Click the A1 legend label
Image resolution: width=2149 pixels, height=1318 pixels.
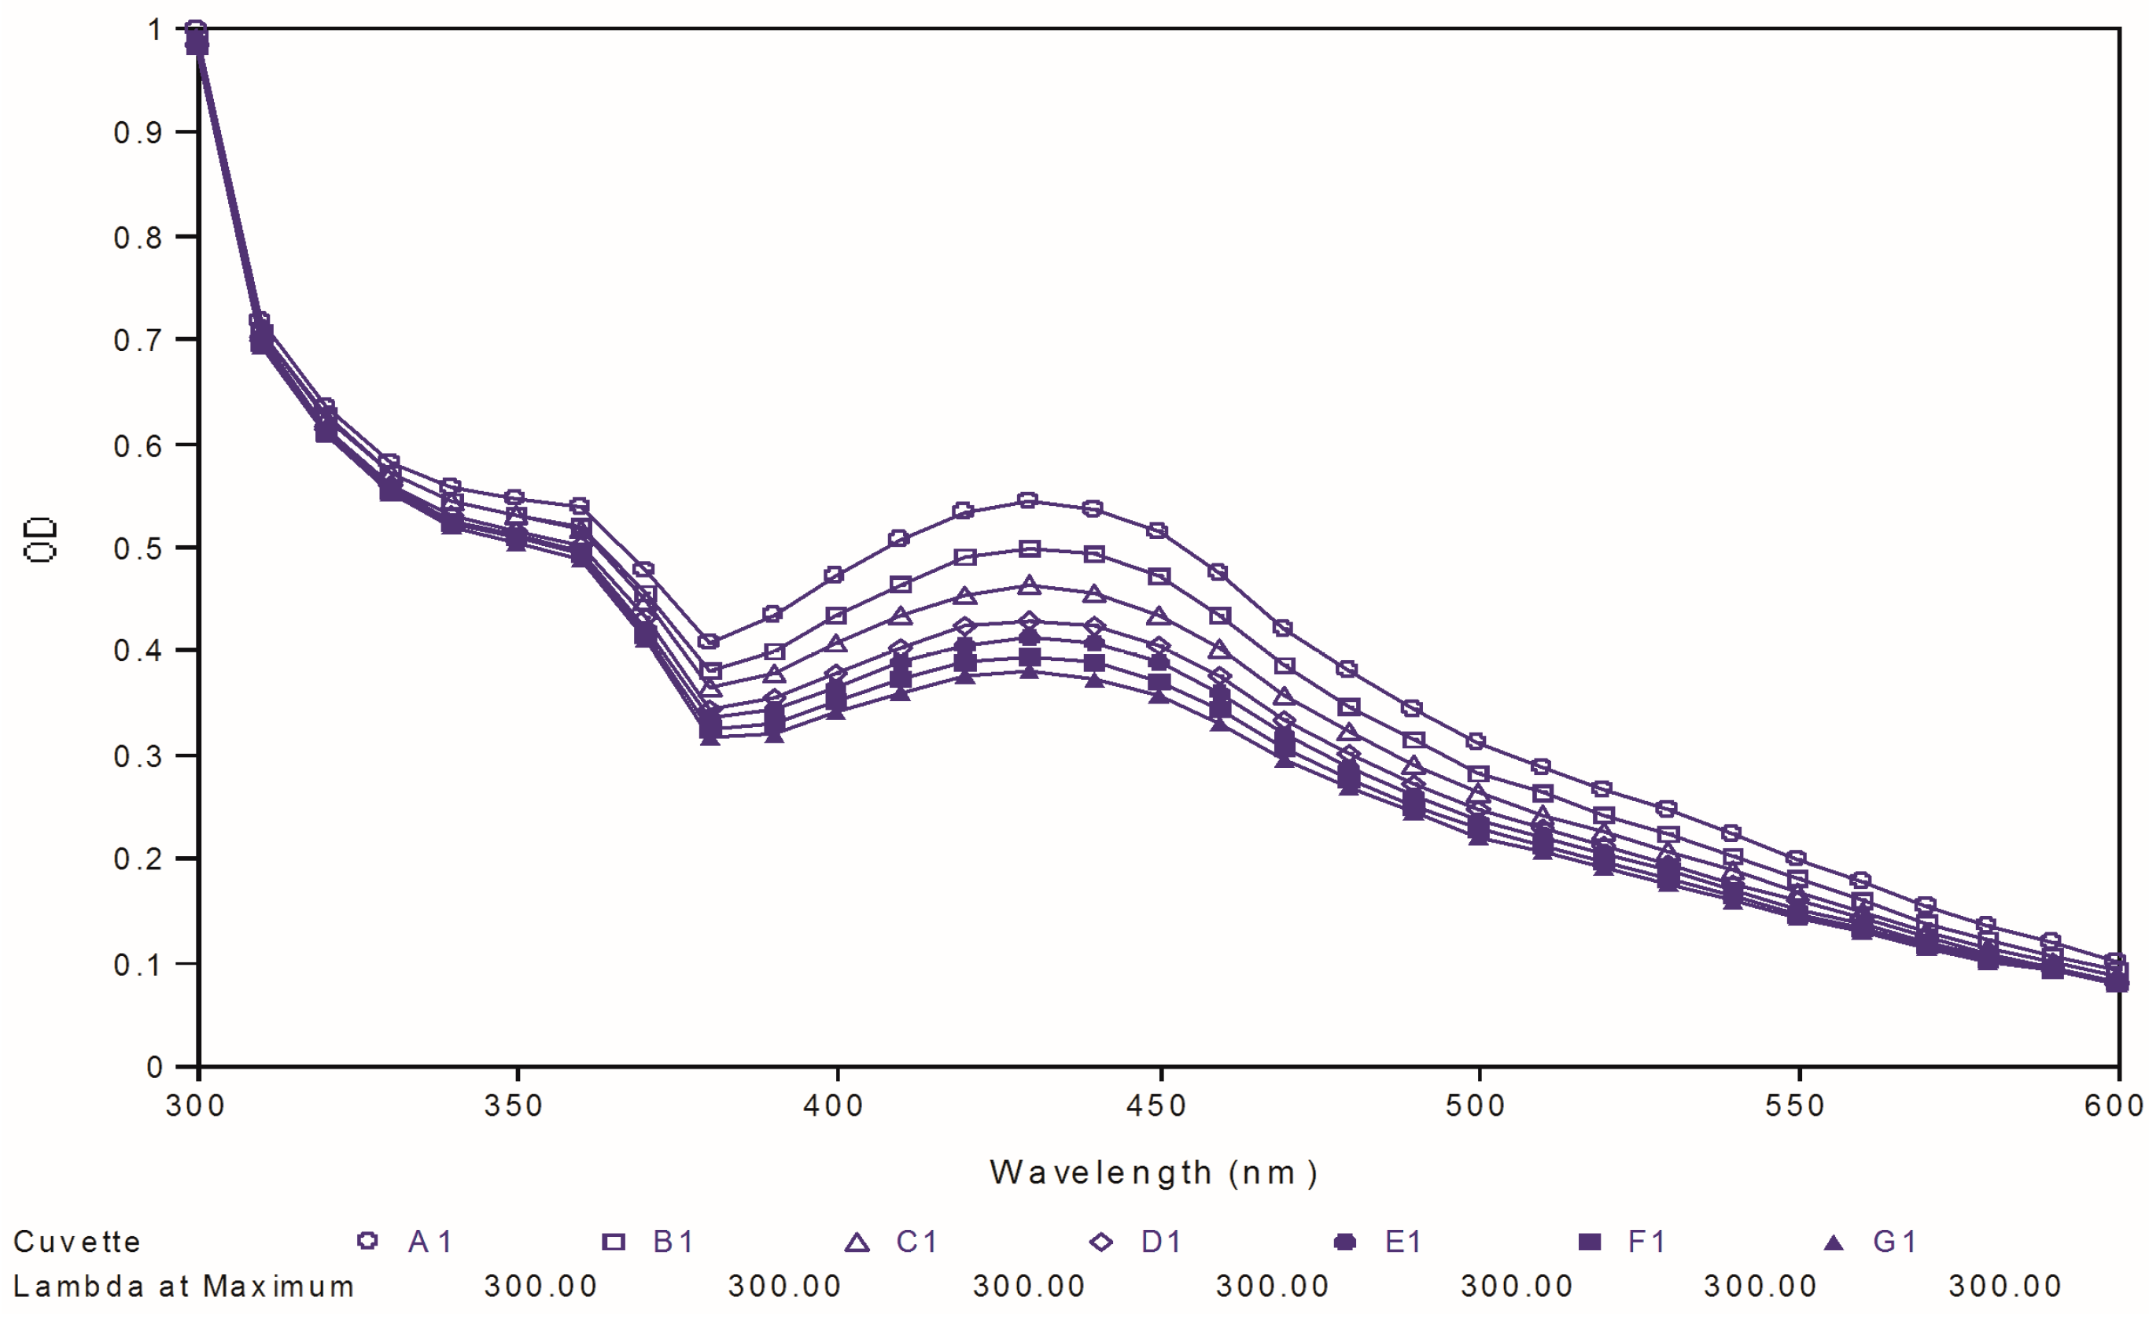point(430,1241)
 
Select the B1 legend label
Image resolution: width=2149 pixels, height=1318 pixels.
point(673,1241)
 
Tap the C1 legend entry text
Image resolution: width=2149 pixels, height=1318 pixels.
point(917,1241)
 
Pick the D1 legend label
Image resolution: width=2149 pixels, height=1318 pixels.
point(1162,1241)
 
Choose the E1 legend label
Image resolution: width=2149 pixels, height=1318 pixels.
point(1404,1241)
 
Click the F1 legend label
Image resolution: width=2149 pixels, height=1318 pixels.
point(1647,1241)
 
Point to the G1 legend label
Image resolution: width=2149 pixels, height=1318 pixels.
point(1894,1241)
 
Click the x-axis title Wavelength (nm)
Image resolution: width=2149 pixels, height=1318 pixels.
point(1153,1173)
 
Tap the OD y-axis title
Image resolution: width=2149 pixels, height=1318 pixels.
point(40,541)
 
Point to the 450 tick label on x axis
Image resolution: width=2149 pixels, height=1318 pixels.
point(1157,1107)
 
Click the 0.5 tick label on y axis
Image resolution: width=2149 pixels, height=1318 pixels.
point(138,548)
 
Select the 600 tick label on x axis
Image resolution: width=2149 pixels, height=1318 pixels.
point(2114,1107)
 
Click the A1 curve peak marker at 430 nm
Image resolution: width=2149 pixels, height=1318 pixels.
point(1028,500)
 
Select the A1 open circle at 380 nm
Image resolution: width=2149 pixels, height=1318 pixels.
point(709,642)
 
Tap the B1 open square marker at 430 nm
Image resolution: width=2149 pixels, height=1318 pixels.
point(1029,549)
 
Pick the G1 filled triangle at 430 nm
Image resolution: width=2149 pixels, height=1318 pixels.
point(1029,670)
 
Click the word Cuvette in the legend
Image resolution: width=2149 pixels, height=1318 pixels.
point(77,1241)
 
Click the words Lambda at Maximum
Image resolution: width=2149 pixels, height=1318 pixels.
point(184,1287)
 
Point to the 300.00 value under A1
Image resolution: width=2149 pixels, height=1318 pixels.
point(540,1287)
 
